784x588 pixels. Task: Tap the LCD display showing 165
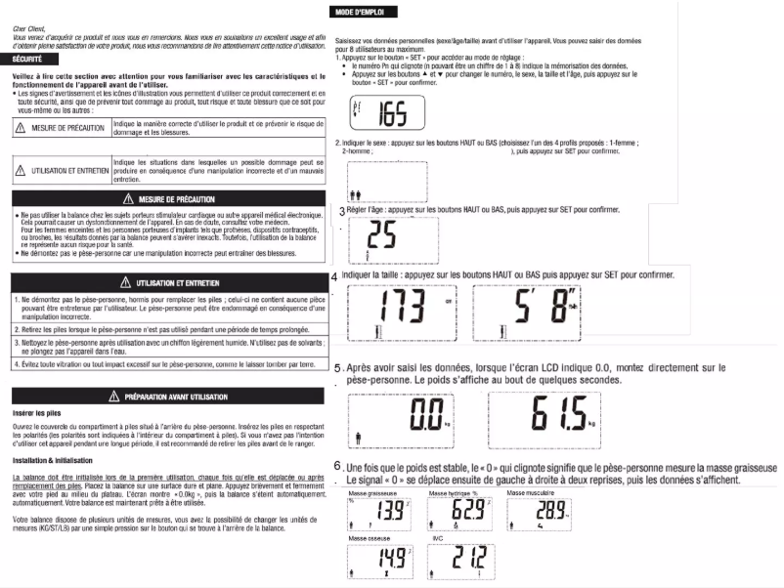pos(385,115)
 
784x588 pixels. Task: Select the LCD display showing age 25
pos(383,239)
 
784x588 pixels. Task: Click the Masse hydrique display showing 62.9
pos(459,513)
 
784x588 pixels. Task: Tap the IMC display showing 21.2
pos(459,562)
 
